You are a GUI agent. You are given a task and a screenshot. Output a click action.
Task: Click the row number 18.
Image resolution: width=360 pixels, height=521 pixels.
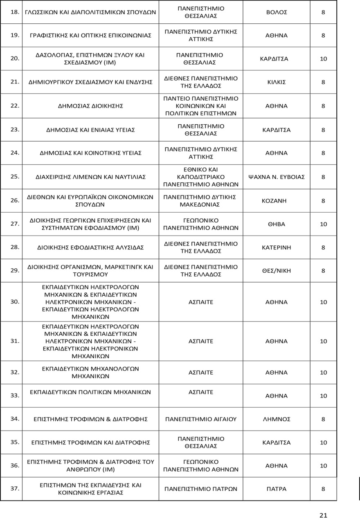click(15, 12)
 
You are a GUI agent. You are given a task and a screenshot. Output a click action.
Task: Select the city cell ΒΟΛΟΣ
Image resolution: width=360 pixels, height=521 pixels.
click(277, 12)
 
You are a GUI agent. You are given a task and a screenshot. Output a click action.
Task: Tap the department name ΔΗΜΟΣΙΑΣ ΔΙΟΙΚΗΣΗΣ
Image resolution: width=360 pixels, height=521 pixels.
click(90, 106)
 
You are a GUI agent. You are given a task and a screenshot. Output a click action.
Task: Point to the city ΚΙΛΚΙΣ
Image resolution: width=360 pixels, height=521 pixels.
click(277, 82)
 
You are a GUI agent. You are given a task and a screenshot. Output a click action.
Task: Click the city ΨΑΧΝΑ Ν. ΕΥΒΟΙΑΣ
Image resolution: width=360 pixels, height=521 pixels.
click(277, 177)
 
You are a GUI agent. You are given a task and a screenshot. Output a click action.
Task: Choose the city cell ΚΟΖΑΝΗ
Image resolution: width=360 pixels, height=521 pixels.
click(277, 201)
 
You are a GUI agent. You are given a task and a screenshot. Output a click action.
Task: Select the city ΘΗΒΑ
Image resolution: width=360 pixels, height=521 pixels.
click(277, 224)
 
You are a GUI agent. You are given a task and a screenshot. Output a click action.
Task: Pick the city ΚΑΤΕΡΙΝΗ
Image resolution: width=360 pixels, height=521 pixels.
click(277, 247)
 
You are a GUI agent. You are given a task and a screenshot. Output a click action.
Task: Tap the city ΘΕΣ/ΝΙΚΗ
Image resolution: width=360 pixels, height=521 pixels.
click(277, 271)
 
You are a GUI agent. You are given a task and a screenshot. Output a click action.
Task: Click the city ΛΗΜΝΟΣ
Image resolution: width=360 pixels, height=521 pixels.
click(277, 419)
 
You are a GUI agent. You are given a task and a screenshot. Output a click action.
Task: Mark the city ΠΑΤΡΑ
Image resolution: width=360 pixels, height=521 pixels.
click(277, 489)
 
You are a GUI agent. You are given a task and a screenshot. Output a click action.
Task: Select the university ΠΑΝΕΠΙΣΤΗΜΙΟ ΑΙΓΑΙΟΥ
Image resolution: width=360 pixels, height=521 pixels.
click(201, 419)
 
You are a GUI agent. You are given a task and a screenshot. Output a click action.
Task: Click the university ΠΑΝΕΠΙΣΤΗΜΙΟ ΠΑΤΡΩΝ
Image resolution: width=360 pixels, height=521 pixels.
click(201, 489)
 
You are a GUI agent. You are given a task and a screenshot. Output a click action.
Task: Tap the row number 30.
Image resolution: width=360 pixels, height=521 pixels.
click(15, 302)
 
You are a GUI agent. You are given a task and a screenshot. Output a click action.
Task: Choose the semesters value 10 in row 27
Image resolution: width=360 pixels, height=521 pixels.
click(323, 224)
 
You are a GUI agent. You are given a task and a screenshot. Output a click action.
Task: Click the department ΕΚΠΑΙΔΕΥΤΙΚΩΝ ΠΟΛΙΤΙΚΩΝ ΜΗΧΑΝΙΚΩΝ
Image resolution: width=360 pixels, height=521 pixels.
click(90, 392)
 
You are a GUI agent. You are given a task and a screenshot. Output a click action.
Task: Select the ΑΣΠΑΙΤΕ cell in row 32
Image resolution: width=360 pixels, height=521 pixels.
click(201, 373)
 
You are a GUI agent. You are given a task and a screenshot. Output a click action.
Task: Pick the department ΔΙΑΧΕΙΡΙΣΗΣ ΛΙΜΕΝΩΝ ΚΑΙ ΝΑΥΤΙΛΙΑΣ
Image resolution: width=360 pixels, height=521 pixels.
click(90, 177)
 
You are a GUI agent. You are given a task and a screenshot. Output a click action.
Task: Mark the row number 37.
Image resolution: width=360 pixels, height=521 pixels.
click(15, 488)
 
